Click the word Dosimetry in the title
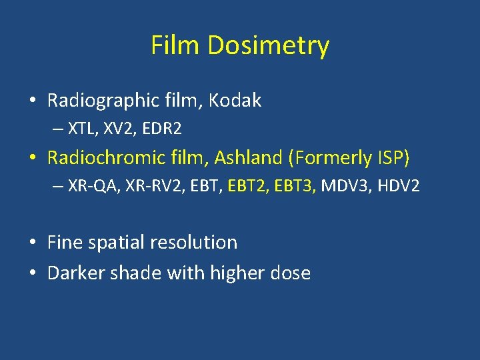pyautogui.click(x=268, y=46)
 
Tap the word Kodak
pyautogui.click(x=235, y=101)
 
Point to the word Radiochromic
pyautogui.click(x=110, y=157)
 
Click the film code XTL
pyautogui.click(x=81, y=128)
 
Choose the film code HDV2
pyautogui.click(x=399, y=185)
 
